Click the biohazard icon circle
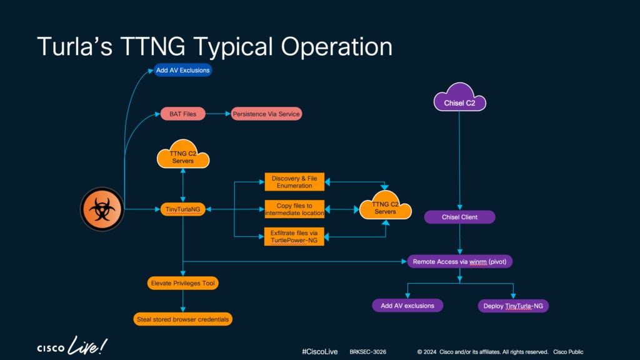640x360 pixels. [x=102, y=209]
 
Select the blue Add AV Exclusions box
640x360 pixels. [x=183, y=70]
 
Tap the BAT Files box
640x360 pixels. [x=182, y=114]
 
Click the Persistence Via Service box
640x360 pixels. [x=267, y=114]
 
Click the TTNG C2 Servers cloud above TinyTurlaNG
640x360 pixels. [x=182, y=157]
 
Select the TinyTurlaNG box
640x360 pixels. [x=182, y=209]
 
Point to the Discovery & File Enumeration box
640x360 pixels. [x=294, y=182]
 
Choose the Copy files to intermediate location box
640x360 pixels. [x=294, y=209]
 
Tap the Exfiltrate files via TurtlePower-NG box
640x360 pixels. [x=294, y=236]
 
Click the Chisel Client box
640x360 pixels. [x=459, y=217]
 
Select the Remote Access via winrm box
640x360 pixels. [x=459, y=261]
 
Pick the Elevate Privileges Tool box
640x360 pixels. [x=182, y=283]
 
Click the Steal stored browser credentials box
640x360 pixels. [x=183, y=319]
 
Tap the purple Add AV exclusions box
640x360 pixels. [x=407, y=306]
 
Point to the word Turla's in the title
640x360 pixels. [x=71, y=47]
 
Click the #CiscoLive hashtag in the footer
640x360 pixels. [x=319, y=352]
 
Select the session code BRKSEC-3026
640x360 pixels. [x=367, y=352]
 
